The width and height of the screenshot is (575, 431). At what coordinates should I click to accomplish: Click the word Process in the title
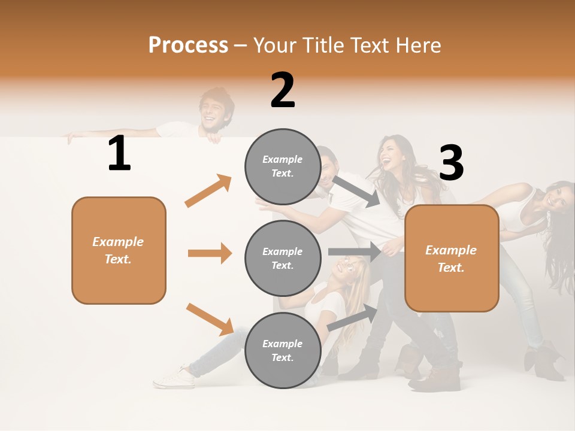(x=188, y=45)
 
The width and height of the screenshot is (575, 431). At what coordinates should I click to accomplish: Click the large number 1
(x=119, y=154)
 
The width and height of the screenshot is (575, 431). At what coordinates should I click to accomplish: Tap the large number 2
(x=283, y=90)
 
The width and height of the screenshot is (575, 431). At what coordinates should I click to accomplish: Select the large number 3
(x=451, y=163)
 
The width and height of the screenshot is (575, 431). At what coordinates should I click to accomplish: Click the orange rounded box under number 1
(x=119, y=250)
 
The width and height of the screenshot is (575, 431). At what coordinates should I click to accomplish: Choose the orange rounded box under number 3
(x=452, y=258)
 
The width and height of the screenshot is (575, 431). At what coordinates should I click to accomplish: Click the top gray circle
(x=283, y=166)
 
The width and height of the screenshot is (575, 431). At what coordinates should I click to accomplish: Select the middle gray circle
(x=283, y=258)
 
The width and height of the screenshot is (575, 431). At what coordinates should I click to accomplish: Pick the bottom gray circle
(x=283, y=350)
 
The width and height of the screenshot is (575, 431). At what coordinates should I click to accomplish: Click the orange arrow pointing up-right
(x=208, y=190)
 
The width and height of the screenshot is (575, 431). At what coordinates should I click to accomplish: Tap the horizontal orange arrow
(x=210, y=253)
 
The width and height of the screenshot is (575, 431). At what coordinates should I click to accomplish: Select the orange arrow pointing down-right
(x=210, y=319)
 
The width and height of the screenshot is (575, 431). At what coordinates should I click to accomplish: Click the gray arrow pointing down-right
(x=356, y=191)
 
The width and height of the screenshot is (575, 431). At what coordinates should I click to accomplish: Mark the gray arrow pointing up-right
(x=353, y=317)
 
